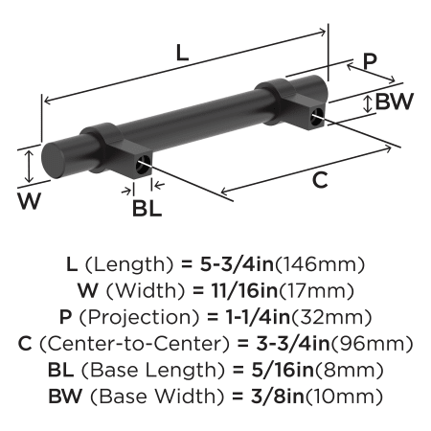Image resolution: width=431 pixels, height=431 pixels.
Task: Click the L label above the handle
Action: (x=182, y=53)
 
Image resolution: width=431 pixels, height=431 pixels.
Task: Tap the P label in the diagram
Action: (x=370, y=61)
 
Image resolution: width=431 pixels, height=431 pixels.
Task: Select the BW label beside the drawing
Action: (x=395, y=102)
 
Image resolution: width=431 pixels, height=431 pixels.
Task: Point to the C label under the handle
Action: (x=320, y=180)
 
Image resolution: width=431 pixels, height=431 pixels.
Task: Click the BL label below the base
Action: (x=147, y=208)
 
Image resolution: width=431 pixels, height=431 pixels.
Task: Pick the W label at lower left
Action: (x=30, y=201)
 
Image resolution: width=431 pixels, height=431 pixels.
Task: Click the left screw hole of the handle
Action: (x=142, y=165)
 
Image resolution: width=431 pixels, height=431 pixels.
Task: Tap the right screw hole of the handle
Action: (x=317, y=117)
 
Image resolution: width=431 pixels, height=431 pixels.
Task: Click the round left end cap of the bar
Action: (x=53, y=160)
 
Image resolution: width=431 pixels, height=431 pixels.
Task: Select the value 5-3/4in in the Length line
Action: (x=238, y=264)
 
